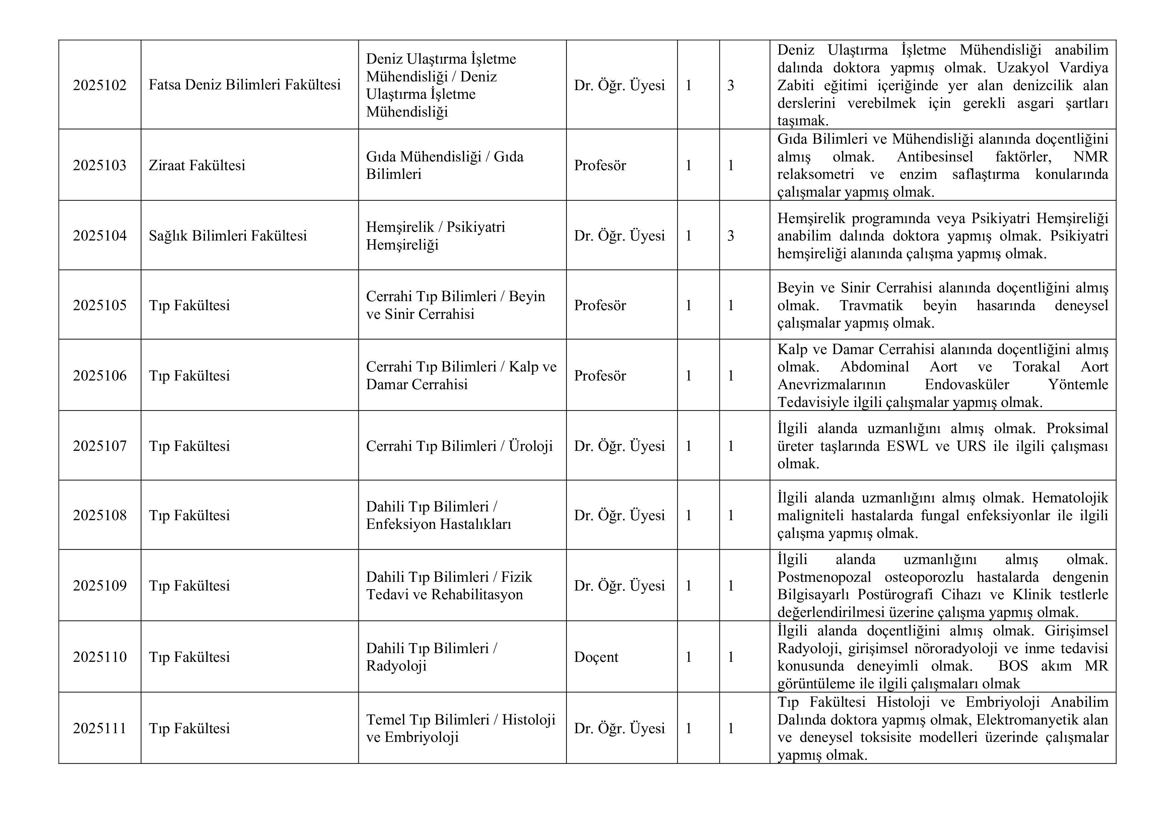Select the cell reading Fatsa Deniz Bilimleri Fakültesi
point(245,85)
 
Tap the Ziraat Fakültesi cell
point(197,165)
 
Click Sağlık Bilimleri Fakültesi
point(228,235)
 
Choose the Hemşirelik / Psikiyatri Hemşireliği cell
point(435,235)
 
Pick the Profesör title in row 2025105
point(600,305)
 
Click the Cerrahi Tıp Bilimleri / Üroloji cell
point(459,446)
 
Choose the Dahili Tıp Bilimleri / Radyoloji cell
point(431,657)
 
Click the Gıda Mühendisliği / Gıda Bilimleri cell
point(445,165)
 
